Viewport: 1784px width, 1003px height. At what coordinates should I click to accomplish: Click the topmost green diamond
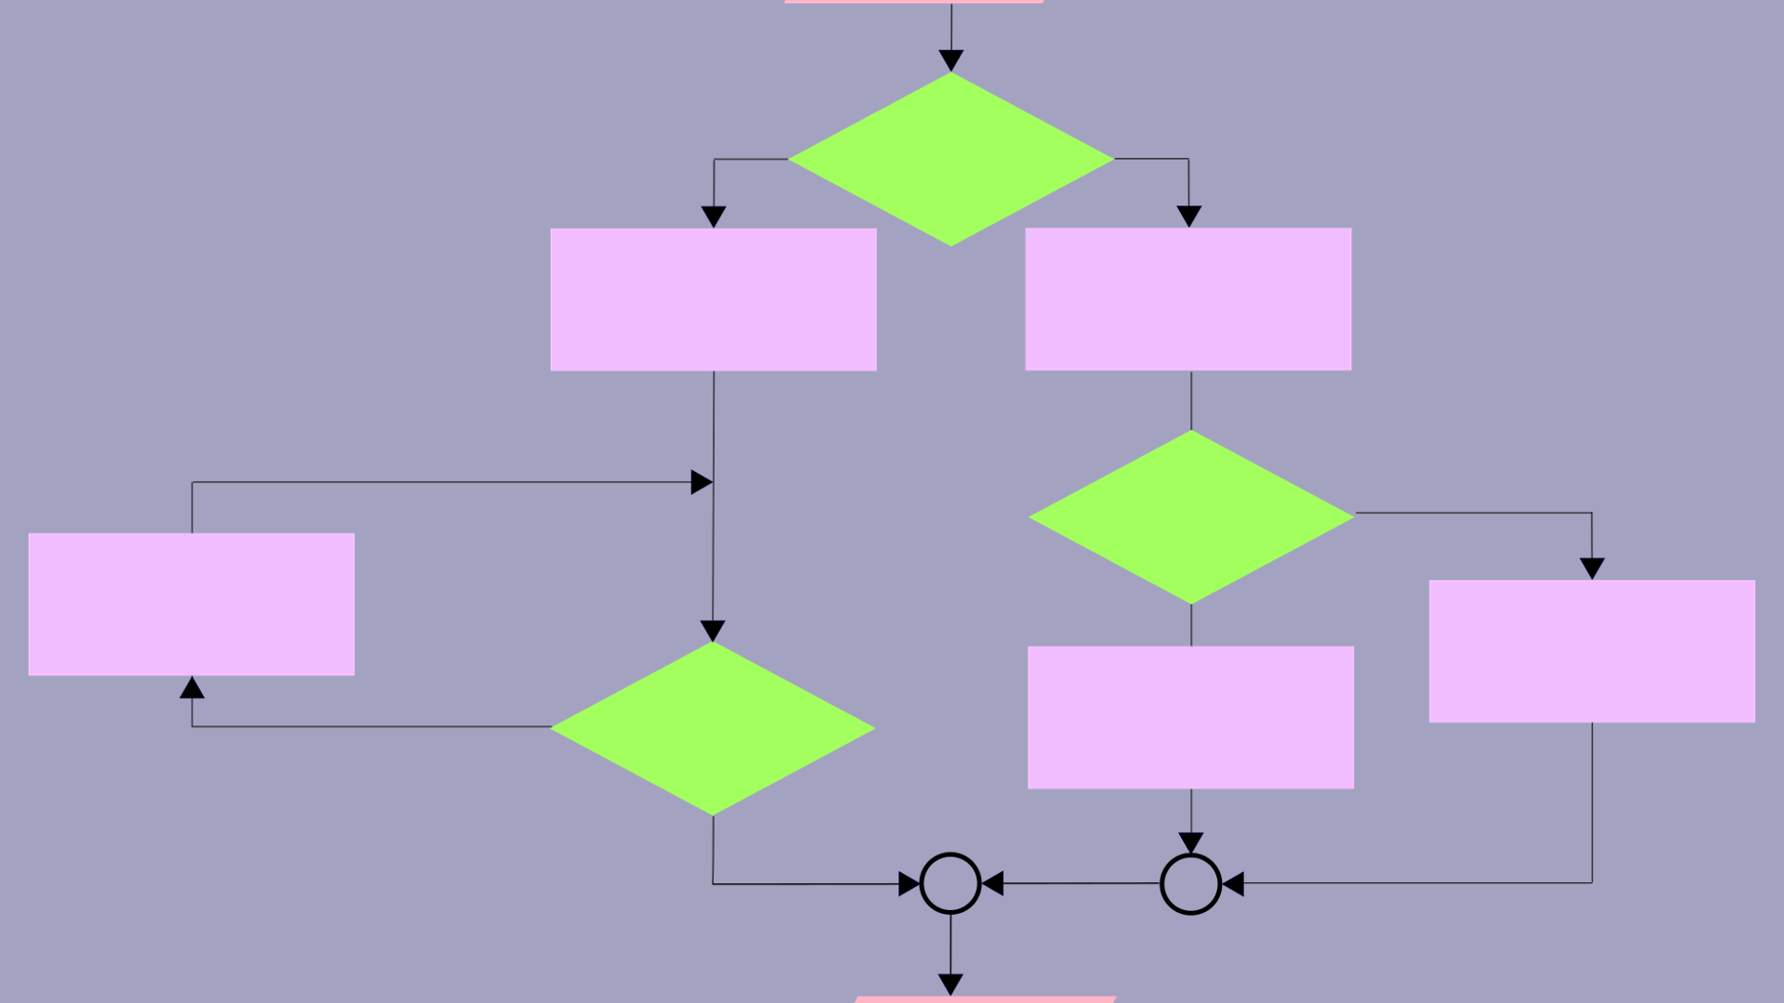951,159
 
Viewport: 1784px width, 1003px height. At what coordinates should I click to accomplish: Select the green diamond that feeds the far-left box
713,728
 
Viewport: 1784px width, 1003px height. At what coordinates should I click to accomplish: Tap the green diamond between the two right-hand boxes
1191,516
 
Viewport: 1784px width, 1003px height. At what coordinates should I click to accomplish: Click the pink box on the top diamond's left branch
714,299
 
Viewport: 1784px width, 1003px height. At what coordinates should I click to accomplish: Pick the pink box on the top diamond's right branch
1187,299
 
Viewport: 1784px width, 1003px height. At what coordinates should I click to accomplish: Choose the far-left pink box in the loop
191,604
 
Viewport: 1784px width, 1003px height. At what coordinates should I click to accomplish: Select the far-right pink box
1592,651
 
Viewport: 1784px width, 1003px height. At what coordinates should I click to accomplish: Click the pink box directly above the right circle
1190,717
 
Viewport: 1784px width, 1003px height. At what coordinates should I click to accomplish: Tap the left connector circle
950,883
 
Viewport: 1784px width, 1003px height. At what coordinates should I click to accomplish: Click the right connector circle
1190,883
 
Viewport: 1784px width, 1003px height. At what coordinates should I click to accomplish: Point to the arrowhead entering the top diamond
951,61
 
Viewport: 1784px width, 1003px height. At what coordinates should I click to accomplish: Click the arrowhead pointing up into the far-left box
192,687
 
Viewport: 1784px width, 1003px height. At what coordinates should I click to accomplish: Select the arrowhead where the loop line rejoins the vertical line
702,482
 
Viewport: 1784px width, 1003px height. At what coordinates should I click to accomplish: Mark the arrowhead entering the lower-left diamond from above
713,632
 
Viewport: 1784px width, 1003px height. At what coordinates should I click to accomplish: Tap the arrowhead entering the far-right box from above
1592,568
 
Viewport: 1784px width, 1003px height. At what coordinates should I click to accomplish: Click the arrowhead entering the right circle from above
1190,843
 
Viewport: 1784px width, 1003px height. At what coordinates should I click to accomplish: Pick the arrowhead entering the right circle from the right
1234,883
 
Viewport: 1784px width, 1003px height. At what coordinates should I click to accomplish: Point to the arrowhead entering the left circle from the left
909,883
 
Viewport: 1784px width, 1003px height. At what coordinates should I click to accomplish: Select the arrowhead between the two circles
993,883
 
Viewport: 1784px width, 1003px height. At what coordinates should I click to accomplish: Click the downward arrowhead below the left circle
951,984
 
